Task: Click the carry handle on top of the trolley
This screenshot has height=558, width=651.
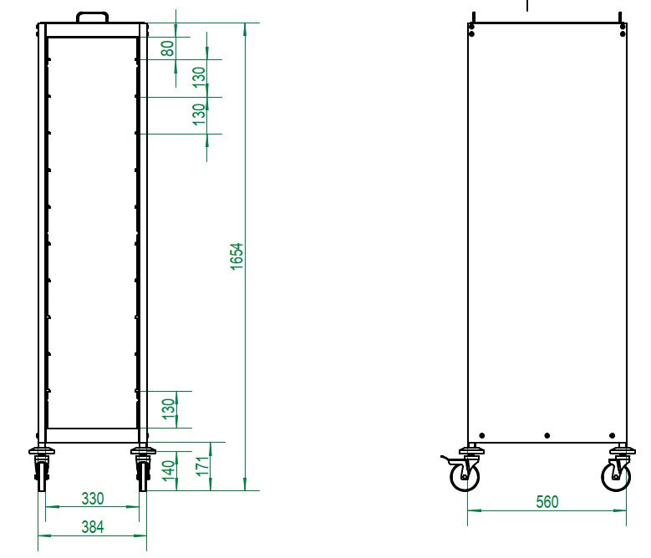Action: [x=92, y=16]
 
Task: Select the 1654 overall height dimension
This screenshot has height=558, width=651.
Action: [x=236, y=256]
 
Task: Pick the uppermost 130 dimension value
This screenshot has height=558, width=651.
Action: [x=198, y=77]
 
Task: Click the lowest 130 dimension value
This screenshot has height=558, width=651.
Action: [x=168, y=409]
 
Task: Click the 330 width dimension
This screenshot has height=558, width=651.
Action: [x=92, y=499]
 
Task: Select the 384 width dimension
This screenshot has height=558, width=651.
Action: [x=92, y=526]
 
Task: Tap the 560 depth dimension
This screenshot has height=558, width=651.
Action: [x=547, y=501]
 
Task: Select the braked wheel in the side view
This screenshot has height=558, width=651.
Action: [x=465, y=477]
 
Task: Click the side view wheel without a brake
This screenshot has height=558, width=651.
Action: [x=616, y=476]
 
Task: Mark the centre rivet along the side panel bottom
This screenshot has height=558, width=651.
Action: [x=547, y=435]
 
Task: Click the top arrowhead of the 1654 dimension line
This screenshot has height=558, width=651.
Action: [x=244, y=28]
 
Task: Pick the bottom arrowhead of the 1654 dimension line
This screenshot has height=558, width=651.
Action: [x=244, y=486]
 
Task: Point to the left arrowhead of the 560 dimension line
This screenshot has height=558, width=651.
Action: [x=471, y=511]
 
